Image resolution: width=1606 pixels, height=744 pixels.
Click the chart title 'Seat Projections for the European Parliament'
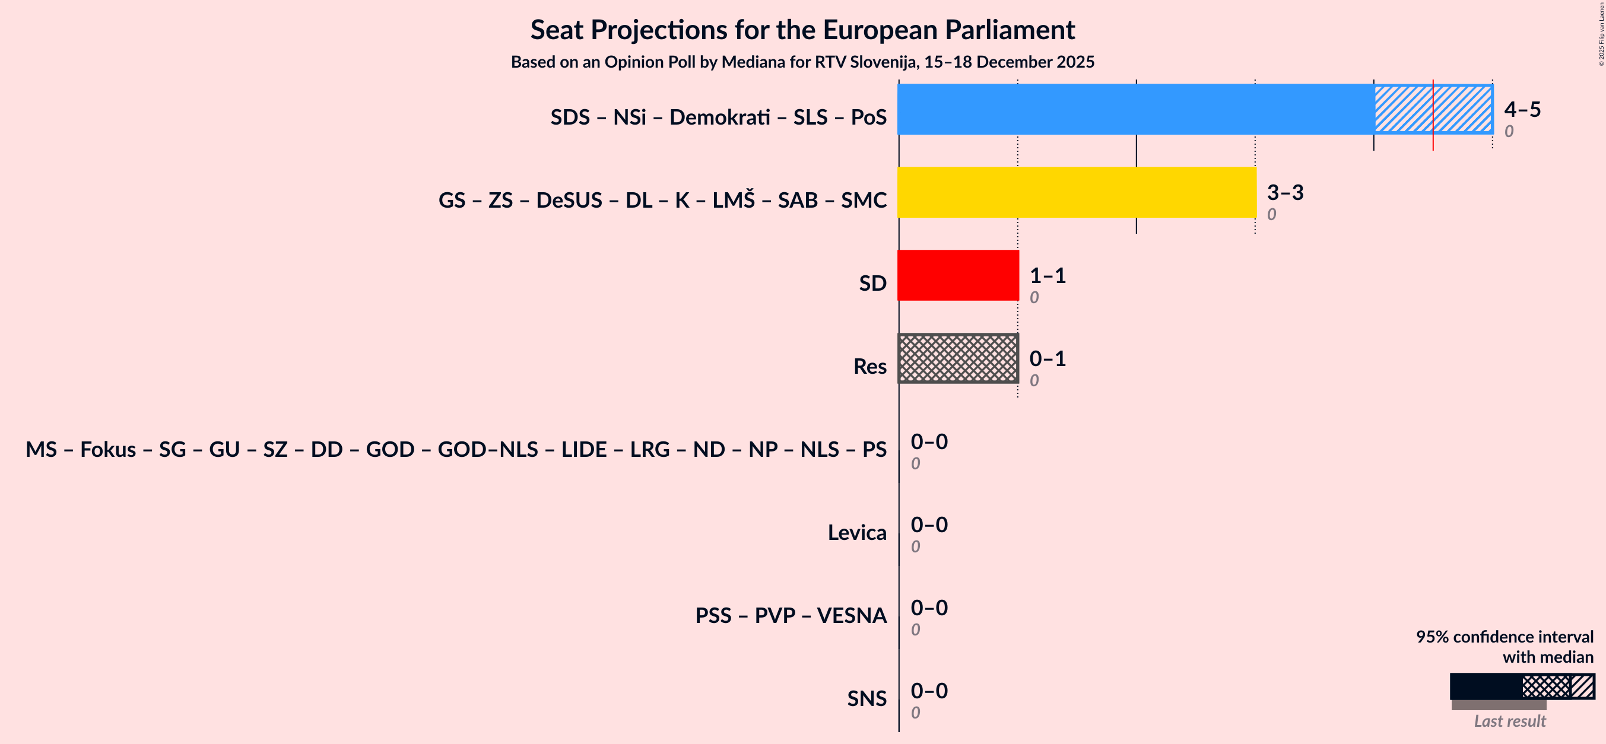tap(802, 30)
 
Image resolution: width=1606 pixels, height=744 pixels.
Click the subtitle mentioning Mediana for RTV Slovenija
tap(802, 62)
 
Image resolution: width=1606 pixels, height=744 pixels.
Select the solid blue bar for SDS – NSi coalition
tap(1135, 109)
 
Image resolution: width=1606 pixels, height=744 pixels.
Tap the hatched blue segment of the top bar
tap(1403, 109)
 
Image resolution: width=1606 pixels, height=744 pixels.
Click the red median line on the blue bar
tap(1433, 115)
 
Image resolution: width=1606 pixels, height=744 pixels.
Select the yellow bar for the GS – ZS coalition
tap(1077, 192)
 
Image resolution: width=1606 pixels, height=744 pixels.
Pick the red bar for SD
tap(958, 275)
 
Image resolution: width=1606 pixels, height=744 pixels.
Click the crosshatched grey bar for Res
tap(958, 358)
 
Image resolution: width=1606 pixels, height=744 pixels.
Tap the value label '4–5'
tap(1522, 110)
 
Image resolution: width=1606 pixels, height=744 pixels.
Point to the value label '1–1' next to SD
tap(1048, 275)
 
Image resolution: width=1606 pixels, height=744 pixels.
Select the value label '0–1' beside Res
tap(1048, 359)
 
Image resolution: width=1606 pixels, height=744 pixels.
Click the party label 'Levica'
tap(856, 533)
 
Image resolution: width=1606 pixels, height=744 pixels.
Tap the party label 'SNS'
tap(866, 698)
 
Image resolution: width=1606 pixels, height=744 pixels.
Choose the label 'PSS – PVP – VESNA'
tap(791, 616)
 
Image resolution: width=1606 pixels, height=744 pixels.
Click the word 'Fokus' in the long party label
tap(108, 449)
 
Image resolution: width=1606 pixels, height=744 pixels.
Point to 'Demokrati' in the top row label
tap(719, 117)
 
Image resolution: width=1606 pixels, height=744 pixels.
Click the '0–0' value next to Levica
tap(929, 524)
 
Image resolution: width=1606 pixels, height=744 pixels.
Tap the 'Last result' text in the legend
tap(1509, 721)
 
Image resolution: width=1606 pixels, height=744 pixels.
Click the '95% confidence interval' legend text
tap(1504, 637)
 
